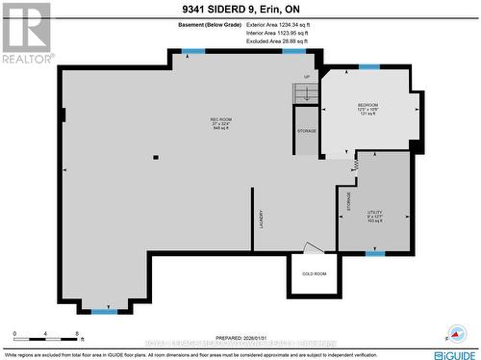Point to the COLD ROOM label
point(314,274)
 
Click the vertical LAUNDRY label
point(261,219)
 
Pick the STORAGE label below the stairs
point(306,130)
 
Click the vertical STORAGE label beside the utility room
point(348,201)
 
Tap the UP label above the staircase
point(307,77)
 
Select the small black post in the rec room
point(154,157)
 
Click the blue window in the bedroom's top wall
point(368,66)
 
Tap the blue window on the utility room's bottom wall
point(375,253)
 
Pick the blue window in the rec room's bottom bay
point(104,311)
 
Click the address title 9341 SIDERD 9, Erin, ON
point(240,9)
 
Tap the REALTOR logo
point(26,33)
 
